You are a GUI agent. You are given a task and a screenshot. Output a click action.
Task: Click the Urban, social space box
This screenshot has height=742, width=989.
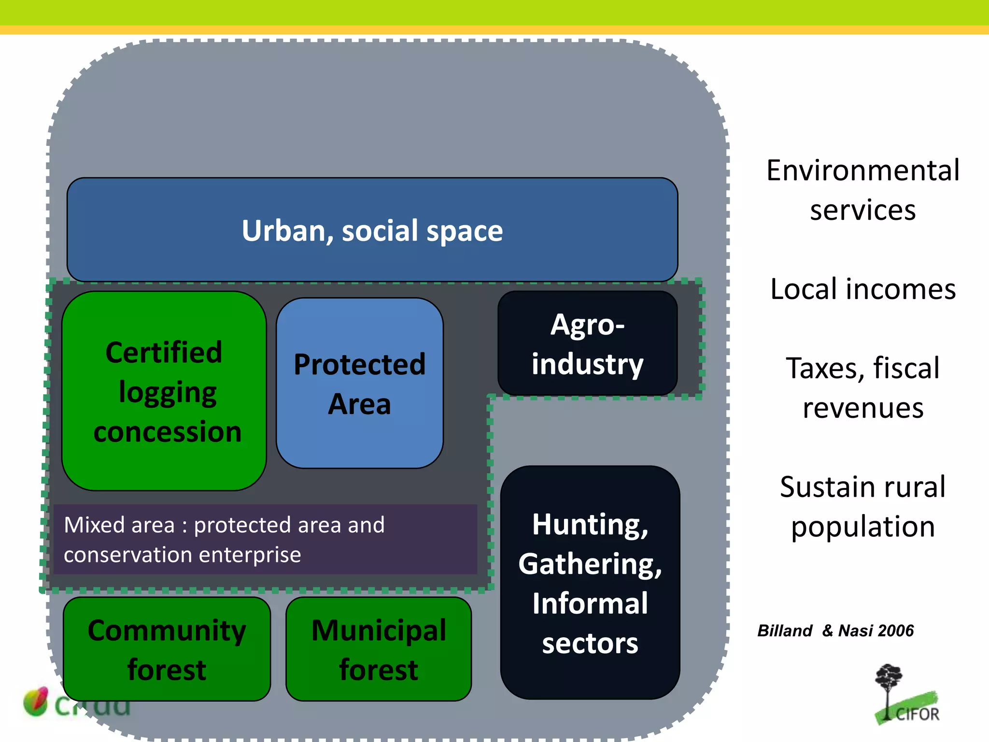(x=372, y=230)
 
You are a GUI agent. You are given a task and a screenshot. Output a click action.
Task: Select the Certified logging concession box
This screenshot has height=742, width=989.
(x=164, y=391)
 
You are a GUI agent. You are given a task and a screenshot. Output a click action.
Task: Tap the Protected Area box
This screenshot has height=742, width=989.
(x=359, y=383)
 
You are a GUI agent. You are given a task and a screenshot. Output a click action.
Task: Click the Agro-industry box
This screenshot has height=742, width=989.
(x=587, y=343)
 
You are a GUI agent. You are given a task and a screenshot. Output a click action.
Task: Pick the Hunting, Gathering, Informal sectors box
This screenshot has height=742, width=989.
(x=590, y=583)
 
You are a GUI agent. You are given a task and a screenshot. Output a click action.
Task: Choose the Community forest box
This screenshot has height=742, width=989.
(x=167, y=649)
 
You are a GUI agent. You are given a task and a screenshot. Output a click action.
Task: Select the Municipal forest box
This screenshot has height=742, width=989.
(x=379, y=649)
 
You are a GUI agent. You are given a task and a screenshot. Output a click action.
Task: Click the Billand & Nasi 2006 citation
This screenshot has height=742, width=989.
(x=835, y=631)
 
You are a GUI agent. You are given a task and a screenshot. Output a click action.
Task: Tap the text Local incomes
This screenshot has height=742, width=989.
(x=863, y=289)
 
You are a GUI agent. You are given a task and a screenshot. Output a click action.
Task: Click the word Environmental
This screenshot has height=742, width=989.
(x=863, y=171)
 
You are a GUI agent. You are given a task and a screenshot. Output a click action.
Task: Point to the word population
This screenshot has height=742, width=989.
(x=863, y=527)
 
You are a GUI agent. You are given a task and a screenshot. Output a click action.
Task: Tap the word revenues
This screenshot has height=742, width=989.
(x=863, y=408)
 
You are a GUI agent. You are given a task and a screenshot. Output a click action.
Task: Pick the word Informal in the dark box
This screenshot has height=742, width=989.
(x=590, y=603)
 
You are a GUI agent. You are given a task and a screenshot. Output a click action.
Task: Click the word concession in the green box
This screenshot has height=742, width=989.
(x=167, y=431)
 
